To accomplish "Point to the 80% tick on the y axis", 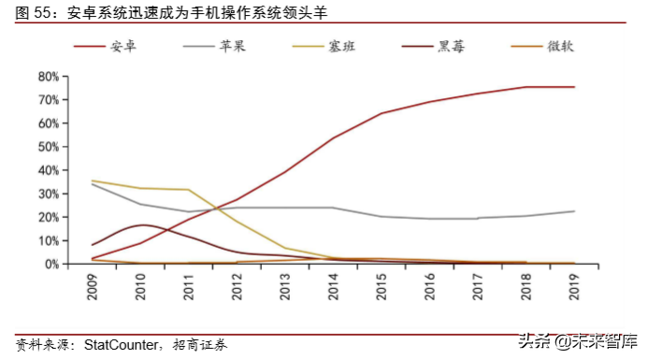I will click(49, 76).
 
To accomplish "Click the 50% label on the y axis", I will click(49, 147).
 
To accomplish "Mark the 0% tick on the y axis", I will click(51, 265).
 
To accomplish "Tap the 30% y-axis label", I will click(49, 194).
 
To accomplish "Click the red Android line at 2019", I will click(574, 87).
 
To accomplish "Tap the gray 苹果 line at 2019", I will click(574, 211).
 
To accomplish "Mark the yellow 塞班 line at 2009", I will click(93, 180).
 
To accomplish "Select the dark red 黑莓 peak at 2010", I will click(141, 225).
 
